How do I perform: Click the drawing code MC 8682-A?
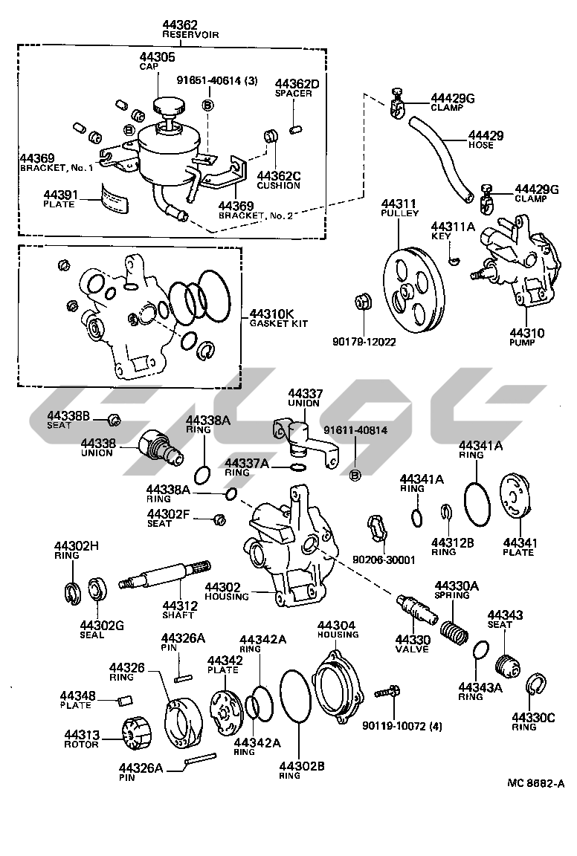536,783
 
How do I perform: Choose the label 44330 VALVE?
410,642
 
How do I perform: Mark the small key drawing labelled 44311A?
455,259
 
